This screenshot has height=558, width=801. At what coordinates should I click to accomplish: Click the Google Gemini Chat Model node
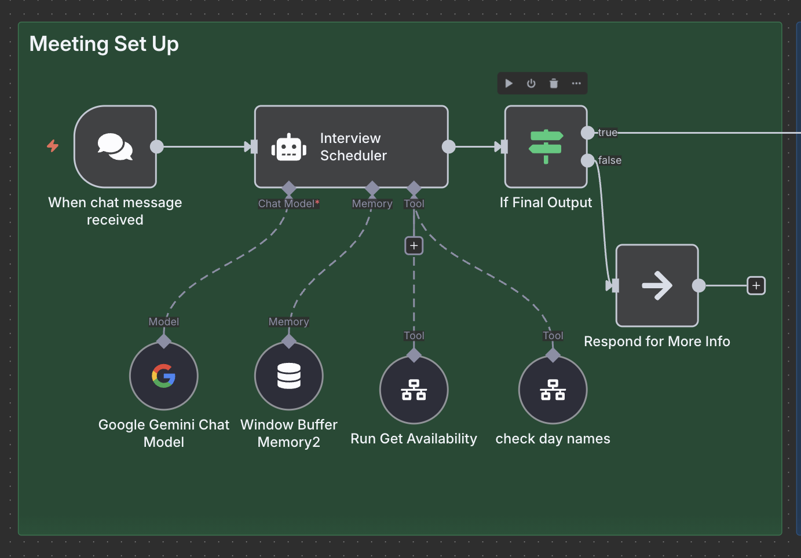pyautogui.click(x=164, y=376)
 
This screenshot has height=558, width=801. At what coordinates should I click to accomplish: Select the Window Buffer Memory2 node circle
pyautogui.click(x=289, y=376)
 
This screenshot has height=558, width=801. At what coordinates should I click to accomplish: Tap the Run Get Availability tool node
pyautogui.click(x=414, y=390)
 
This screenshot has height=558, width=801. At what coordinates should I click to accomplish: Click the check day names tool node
pyautogui.click(x=553, y=390)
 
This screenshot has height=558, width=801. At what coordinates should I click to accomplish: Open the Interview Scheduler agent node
pyautogui.click(x=352, y=147)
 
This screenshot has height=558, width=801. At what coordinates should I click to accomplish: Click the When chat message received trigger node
pyautogui.click(x=115, y=147)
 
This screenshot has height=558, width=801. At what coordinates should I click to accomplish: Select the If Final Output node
pyautogui.click(x=546, y=147)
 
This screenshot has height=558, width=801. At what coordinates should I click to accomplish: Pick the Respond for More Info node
pyautogui.click(x=657, y=286)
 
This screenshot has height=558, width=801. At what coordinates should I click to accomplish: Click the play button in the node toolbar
pyautogui.click(x=509, y=83)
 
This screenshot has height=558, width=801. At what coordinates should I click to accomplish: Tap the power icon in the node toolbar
pyautogui.click(x=531, y=83)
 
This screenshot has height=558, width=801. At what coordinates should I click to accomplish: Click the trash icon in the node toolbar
pyautogui.click(x=554, y=83)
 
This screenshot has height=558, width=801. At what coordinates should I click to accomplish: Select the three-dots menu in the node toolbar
pyautogui.click(x=576, y=83)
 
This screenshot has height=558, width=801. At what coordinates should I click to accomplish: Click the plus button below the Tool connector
pyautogui.click(x=414, y=246)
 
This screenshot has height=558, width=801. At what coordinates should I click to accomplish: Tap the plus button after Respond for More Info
pyautogui.click(x=756, y=286)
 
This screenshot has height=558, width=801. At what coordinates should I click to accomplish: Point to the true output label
pyautogui.click(x=608, y=133)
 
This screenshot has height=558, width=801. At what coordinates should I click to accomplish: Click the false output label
pyautogui.click(x=610, y=160)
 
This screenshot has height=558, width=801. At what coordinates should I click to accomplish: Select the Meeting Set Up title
pyautogui.click(x=104, y=44)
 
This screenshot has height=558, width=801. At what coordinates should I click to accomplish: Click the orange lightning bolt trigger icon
pyautogui.click(x=53, y=146)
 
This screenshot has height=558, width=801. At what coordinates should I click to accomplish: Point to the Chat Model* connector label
pyautogui.click(x=288, y=204)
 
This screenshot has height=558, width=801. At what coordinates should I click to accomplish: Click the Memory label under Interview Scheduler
pyautogui.click(x=372, y=204)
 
